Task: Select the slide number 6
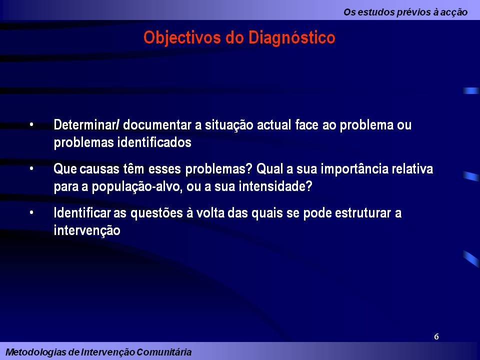pyautogui.click(x=436, y=336)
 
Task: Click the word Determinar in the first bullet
pyautogui.click(x=85, y=124)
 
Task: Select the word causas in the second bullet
pyautogui.click(x=94, y=169)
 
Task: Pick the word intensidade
pyautogui.click(x=270, y=187)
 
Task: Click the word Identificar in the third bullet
pyautogui.click(x=82, y=213)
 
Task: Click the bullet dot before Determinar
pyautogui.click(x=32, y=124)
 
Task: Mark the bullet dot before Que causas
pyautogui.click(x=32, y=169)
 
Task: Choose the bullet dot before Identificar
pyautogui.click(x=32, y=213)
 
